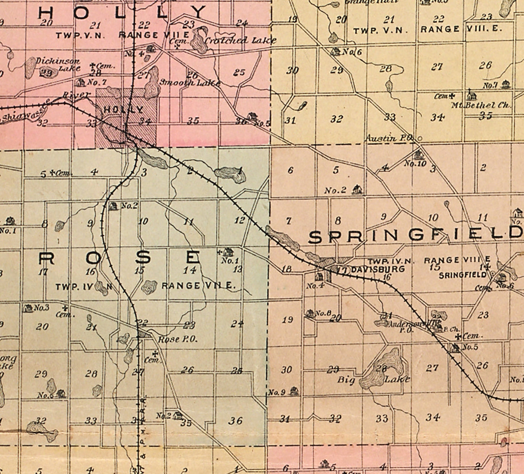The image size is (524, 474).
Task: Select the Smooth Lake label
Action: click(x=190, y=83)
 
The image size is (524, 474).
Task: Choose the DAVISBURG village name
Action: click(x=372, y=269)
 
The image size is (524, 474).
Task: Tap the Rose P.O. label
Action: click(x=178, y=339)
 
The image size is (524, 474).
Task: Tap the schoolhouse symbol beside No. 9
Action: click(x=294, y=391)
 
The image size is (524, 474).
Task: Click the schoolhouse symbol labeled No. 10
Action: click(x=417, y=155)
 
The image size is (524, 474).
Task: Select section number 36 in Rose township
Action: click(x=235, y=420)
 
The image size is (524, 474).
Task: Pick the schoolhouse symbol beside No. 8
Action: click(x=309, y=313)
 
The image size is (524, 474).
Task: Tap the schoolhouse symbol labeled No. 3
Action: click(x=28, y=308)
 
